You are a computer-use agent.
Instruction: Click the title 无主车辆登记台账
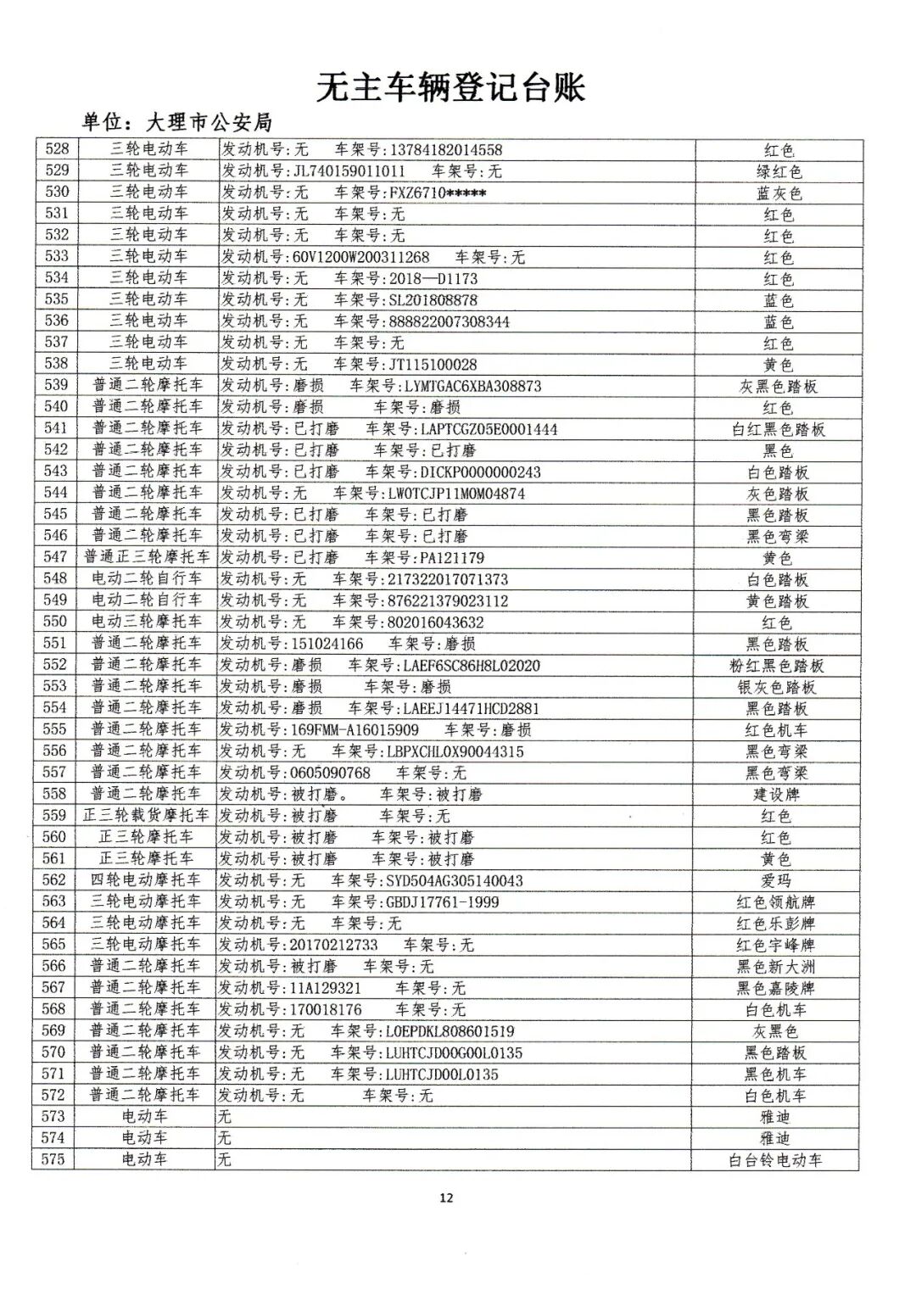click(x=450, y=87)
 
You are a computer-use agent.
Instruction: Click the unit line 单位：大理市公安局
click(x=176, y=123)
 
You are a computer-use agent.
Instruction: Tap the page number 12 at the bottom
click(x=446, y=1197)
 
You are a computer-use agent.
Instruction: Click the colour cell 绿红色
click(x=779, y=172)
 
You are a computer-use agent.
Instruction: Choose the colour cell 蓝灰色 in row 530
click(x=779, y=193)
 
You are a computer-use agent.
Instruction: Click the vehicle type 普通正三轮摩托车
click(x=148, y=557)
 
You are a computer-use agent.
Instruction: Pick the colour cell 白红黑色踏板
click(x=779, y=429)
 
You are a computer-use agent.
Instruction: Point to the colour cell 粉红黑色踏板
click(x=777, y=666)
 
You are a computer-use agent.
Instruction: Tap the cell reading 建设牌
click(x=777, y=795)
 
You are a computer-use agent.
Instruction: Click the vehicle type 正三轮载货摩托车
click(x=146, y=816)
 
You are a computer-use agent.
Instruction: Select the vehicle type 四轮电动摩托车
click(x=146, y=880)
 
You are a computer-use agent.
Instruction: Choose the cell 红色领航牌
click(x=776, y=902)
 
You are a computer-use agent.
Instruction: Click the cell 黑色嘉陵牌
click(x=776, y=988)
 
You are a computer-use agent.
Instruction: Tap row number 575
click(x=53, y=1159)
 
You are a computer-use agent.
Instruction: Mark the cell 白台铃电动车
click(x=775, y=1160)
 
